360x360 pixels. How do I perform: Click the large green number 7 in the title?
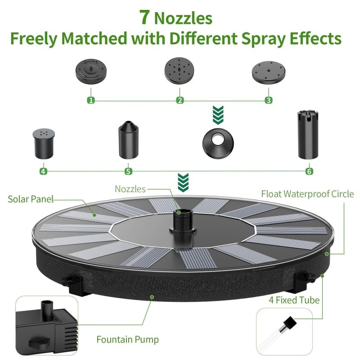pos(144,17)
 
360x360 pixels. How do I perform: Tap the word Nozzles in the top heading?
pos(183,18)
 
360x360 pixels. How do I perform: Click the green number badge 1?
pos(91,100)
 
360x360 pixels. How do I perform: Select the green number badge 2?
pos(180,100)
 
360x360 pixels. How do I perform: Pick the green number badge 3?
pos(269,100)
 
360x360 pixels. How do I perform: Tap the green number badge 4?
pos(43,171)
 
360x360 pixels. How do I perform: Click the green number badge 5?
pos(128,171)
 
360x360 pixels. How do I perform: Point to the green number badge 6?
pos(309,171)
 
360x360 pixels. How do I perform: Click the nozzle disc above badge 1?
pos(91,71)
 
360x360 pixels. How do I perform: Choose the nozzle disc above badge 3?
pos(269,71)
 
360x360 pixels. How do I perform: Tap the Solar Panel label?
pos(31,199)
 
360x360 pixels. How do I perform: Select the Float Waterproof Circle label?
pos(308,194)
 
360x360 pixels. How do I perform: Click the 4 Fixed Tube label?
pos(294,300)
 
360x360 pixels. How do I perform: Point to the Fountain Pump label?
pos(127,340)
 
